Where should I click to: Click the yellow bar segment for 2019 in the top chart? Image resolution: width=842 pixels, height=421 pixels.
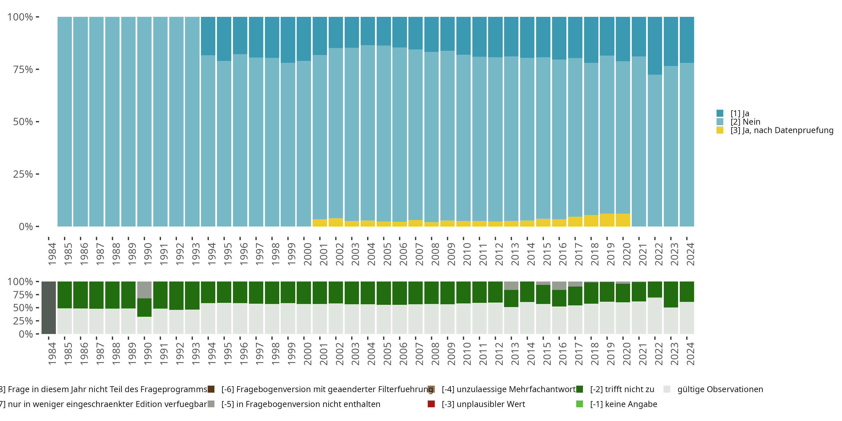point(607,220)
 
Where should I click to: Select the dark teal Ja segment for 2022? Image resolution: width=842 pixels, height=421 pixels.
point(655,46)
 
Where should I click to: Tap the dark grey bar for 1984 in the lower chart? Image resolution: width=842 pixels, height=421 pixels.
point(49,308)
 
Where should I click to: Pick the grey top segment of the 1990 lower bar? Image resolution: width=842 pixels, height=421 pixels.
point(144,290)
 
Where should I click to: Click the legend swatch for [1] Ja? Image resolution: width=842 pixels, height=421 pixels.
point(720,113)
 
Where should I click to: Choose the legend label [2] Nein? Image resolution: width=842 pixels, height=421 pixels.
point(745,122)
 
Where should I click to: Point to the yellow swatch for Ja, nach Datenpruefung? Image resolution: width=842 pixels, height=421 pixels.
point(720,130)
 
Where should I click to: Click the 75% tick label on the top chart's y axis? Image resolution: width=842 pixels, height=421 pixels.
point(23,69)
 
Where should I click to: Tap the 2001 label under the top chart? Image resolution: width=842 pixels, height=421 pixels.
point(324,254)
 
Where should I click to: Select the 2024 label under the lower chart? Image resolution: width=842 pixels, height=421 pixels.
point(690,354)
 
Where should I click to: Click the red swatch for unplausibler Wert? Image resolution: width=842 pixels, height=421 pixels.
point(431,404)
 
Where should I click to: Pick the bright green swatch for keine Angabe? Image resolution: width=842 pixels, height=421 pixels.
point(580,404)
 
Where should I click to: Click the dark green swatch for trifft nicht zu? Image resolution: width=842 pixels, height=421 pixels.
point(580,389)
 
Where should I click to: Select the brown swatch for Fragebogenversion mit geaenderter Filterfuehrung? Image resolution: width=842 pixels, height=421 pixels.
point(211,389)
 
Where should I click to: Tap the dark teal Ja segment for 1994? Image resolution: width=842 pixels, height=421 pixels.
point(208,36)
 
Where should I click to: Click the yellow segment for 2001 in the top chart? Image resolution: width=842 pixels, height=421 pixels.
point(320,223)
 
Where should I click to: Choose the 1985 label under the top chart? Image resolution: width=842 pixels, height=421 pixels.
point(68,254)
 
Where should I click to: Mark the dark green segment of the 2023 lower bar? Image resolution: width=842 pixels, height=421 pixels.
point(671,294)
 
